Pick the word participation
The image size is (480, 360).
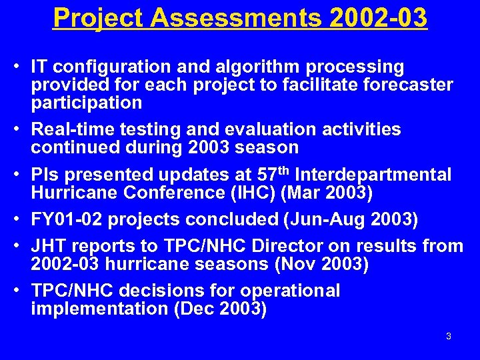tap(86, 103)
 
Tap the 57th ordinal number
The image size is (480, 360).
tap(273, 174)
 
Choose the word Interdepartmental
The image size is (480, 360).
tap(373, 175)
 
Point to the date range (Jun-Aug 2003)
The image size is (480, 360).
tap(323, 219)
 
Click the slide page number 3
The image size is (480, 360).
tap(448, 336)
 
